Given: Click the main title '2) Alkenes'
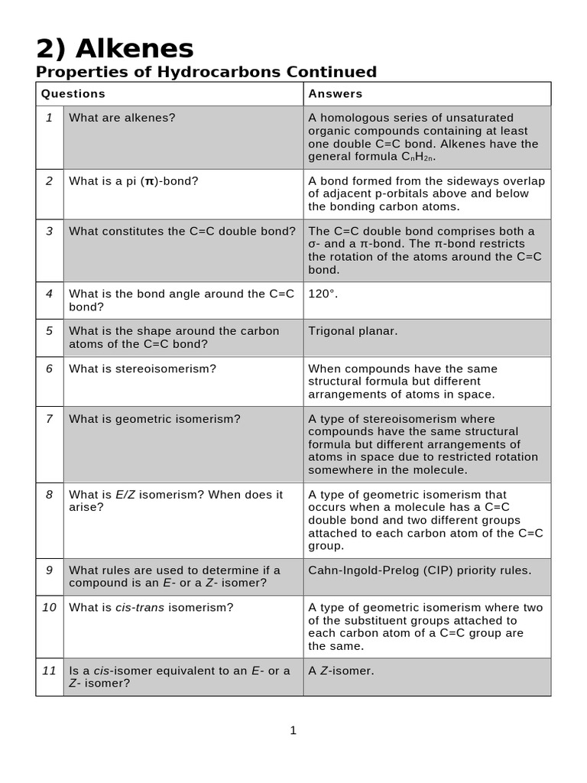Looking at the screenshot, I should pyautogui.click(x=115, y=49).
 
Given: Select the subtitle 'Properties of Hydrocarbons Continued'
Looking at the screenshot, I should pyautogui.click(x=206, y=72).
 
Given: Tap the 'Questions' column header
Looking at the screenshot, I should pyautogui.click(x=73, y=94).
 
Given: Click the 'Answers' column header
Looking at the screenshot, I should pyautogui.click(x=335, y=94).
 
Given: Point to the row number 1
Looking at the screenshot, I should pyautogui.click(x=49, y=118).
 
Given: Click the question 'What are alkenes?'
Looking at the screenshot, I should pyautogui.click(x=122, y=118).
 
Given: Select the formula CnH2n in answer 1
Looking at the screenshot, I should pyautogui.click(x=418, y=157).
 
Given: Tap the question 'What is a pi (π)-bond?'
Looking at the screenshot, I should pyautogui.click(x=134, y=181).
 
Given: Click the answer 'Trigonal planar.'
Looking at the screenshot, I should pyautogui.click(x=352, y=331).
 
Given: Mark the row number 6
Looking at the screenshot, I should pyautogui.click(x=49, y=369).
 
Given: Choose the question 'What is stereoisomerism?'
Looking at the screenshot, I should pyautogui.click(x=143, y=369).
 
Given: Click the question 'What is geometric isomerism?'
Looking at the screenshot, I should pyautogui.click(x=154, y=419).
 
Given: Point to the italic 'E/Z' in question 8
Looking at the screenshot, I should pyautogui.click(x=125, y=495).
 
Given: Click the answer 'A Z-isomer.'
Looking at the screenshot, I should pyautogui.click(x=341, y=671).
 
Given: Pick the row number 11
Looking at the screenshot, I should pyautogui.click(x=49, y=671).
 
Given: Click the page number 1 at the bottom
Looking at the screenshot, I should pyautogui.click(x=293, y=731).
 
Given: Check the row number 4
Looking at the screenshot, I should pyautogui.click(x=49, y=294).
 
